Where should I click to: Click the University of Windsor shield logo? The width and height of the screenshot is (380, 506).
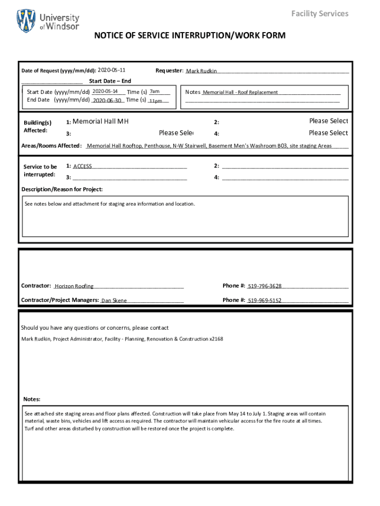[x=26, y=21]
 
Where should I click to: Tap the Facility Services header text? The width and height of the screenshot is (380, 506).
[x=320, y=13]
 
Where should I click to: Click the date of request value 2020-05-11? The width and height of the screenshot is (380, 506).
[x=112, y=70]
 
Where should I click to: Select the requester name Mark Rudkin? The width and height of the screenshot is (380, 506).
[x=201, y=71]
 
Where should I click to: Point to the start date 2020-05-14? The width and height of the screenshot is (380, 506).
[x=105, y=91]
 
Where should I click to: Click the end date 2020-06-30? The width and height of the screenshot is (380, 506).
[x=107, y=100]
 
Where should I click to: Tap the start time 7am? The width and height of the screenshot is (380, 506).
[x=154, y=91]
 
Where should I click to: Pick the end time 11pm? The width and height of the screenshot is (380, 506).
[x=155, y=101]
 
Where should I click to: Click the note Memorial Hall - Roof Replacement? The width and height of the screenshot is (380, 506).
[x=240, y=92]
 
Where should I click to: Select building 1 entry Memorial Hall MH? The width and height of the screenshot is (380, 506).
[x=100, y=121]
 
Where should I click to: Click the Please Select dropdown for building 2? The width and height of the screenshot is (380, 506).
[x=328, y=121]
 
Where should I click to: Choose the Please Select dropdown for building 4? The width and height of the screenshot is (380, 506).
[x=328, y=133]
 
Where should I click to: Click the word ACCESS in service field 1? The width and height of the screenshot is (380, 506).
[x=82, y=167]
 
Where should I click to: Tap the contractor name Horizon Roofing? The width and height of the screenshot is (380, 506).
[x=74, y=286]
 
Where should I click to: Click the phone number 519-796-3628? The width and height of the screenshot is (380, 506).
[x=265, y=286]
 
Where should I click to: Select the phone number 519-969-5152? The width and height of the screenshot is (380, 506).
[x=265, y=300]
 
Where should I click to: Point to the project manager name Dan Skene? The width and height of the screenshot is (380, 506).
[x=114, y=300]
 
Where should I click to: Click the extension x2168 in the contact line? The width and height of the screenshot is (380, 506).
[x=216, y=339]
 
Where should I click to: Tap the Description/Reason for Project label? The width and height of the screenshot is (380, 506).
[x=62, y=189]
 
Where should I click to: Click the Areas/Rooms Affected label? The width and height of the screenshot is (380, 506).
[x=51, y=146]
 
